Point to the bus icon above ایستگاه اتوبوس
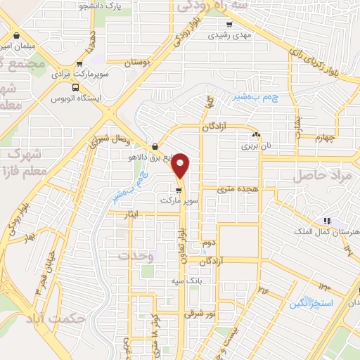click(76, 88)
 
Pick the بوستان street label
click(137, 63)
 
